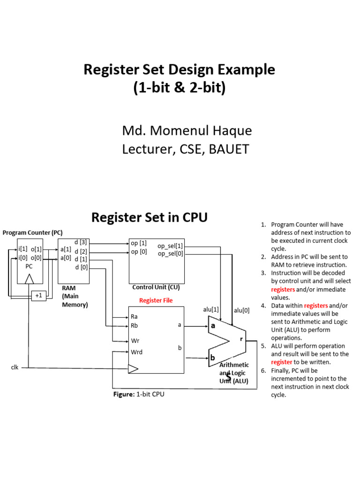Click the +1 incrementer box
pyautogui.click(x=38, y=296)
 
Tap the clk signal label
pyautogui.click(x=15, y=367)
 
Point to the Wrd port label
pyautogui.click(x=136, y=352)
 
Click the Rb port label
pyautogui.click(x=135, y=325)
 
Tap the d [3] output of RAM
pyautogui.click(x=81, y=242)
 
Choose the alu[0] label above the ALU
pyautogui.click(x=242, y=310)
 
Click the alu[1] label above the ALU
pyautogui.click(x=211, y=310)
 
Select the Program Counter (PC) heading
pyautogui.click(x=32, y=232)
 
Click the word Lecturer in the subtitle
pyautogui.click(x=145, y=150)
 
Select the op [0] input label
pyautogui.click(x=140, y=252)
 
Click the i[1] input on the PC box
pyautogui.click(x=23, y=249)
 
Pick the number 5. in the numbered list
pyautogui.click(x=263, y=346)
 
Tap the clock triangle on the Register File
pyautogui.click(x=133, y=369)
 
